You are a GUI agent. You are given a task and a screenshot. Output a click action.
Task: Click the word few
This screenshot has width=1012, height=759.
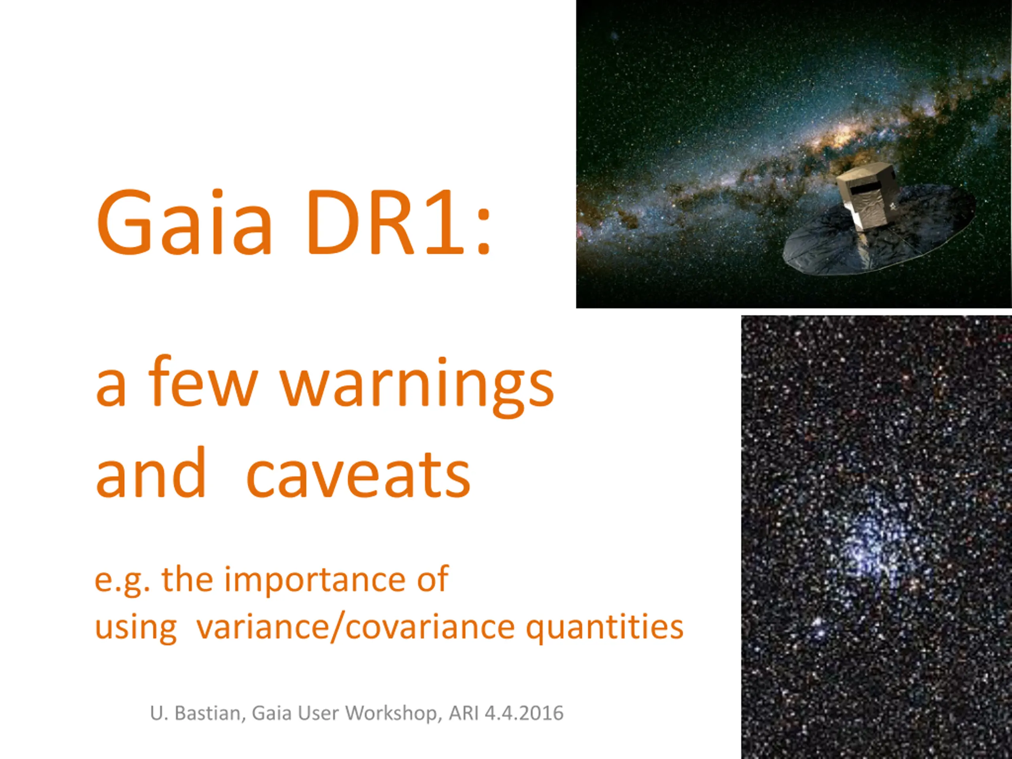coord(203,381)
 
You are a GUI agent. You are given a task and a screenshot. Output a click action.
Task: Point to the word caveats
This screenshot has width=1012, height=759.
coord(358,474)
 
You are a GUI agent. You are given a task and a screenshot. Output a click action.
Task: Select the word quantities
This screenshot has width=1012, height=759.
coord(605,629)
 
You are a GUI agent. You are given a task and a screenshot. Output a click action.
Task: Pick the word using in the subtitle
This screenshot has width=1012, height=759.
coord(136,629)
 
